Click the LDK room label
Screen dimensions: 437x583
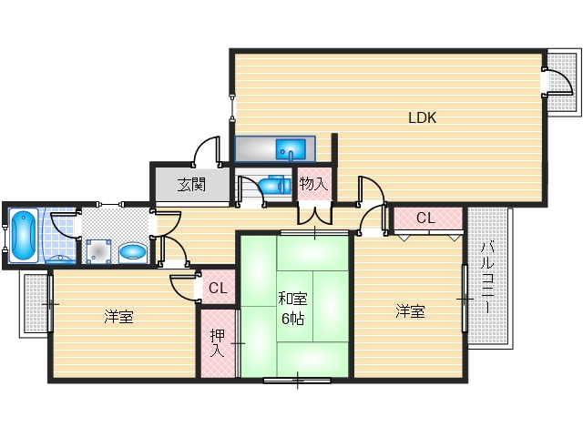click(x=422, y=117)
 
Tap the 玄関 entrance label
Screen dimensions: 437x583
click(x=191, y=185)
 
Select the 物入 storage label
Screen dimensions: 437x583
click(x=312, y=185)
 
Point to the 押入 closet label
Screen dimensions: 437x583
click(x=218, y=342)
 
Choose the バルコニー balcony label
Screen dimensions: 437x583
click(x=487, y=278)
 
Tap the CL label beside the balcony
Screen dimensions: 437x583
click(x=425, y=218)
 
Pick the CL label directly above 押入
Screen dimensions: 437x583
click(x=217, y=289)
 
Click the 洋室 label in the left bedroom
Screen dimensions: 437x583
click(x=118, y=317)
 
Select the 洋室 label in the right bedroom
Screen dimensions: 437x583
click(x=410, y=311)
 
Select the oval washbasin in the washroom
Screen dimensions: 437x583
click(x=132, y=250)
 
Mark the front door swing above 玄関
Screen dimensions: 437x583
click(x=208, y=150)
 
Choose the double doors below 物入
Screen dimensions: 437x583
click(x=314, y=217)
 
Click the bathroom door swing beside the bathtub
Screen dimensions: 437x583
click(x=64, y=225)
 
